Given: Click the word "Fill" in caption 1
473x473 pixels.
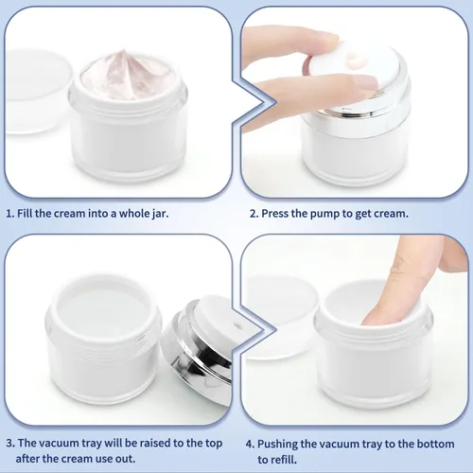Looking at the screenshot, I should tap(30, 214).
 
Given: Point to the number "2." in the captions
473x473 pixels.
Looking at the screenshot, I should tap(254, 214).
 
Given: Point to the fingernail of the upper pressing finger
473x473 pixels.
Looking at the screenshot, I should tap(325, 38).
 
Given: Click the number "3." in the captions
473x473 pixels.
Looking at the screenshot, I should tap(10, 441).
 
